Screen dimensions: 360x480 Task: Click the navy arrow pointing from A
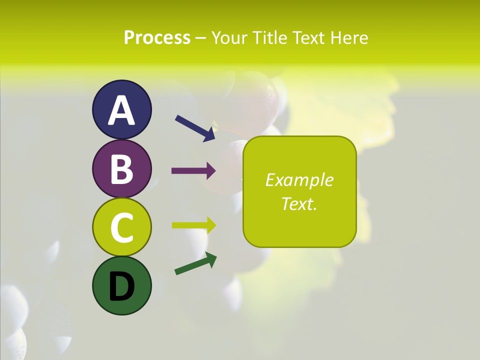(195, 127)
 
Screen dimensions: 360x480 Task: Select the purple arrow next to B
(193, 171)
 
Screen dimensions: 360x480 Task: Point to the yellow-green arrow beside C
(193, 225)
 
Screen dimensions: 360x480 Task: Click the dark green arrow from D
(195, 263)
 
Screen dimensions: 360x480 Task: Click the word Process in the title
(157, 37)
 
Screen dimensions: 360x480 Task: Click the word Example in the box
(299, 180)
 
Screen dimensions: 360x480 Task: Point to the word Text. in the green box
(299, 203)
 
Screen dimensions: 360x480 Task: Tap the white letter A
(122, 110)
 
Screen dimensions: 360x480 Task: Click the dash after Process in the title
(201, 38)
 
